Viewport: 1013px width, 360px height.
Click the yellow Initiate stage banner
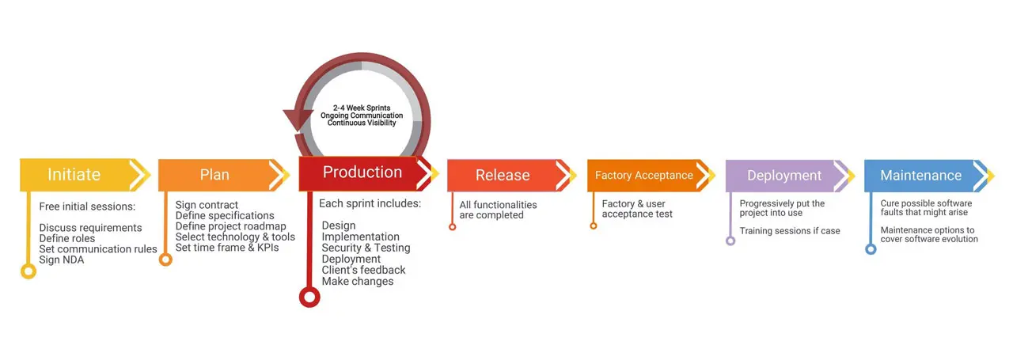coord(74,175)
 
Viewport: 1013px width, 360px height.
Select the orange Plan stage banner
coord(214,175)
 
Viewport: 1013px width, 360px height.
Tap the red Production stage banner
coord(362,172)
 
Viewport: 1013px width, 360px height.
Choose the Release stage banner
coord(503,176)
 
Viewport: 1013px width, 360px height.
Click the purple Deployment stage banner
coord(783,176)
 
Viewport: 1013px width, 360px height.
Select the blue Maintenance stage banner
coord(920,176)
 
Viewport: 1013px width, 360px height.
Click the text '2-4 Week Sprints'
coord(362,107)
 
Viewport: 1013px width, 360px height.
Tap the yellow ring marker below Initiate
coord(28,271)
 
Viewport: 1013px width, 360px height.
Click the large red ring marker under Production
coord(309,297)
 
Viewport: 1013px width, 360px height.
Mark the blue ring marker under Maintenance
coord(871,248)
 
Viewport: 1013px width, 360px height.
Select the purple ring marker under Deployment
coord(730,241)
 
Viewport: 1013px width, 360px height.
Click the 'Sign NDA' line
coord(62,260)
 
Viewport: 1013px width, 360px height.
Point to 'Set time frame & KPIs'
coord(227,248)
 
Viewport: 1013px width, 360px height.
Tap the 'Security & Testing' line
coord(366,248)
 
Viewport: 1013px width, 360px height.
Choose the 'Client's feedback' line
coord(363,270)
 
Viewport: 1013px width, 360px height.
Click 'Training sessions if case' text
coord(790,231)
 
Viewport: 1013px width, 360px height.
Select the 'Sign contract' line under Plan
coord(207,205)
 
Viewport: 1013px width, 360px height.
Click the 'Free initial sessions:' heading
coord(87,207)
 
